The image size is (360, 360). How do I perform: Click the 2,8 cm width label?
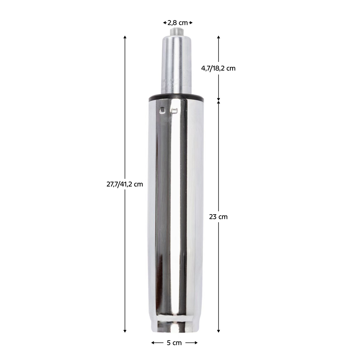pos(178,23)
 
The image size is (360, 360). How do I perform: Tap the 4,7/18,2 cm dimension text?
pos(218,68)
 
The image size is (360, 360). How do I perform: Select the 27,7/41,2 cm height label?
pos(125,184)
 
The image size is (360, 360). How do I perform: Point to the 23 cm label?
pos(218,217)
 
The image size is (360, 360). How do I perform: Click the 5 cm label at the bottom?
pos(174,343)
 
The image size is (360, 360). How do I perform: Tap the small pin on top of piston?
pos(176,32)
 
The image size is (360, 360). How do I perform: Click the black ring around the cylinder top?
pos(176,97)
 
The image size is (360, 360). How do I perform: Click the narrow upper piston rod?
pos(176,65)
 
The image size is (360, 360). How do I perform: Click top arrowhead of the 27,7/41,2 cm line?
pos(125,37)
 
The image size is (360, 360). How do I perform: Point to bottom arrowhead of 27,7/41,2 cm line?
pos(125,331)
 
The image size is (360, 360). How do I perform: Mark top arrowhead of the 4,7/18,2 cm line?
pos(219,37)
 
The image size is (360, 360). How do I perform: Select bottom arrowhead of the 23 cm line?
pos(219,331)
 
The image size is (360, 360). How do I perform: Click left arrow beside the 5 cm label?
pos(153,343)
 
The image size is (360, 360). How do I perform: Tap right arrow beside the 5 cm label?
pos(196,343)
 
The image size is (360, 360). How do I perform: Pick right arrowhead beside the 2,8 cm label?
pos(191,23)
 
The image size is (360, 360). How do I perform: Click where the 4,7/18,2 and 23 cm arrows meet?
pos(219,100)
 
